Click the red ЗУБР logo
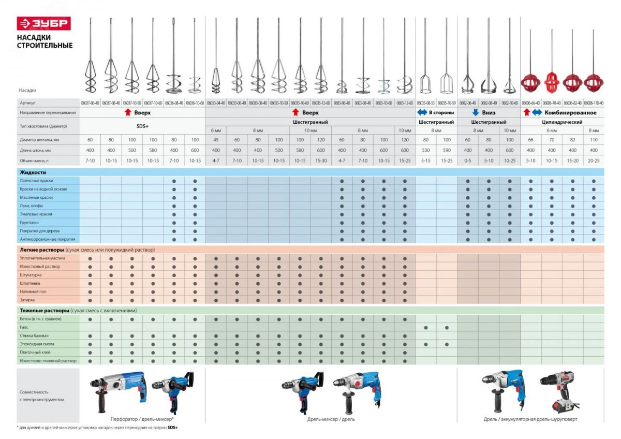click(x=44, y=24)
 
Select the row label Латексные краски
click(x=36, y=181)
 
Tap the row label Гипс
click(x=24, y=327)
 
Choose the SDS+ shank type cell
click(x=142, y=126)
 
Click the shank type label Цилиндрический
click(x=562, y=122)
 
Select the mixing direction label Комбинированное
click(x=570, y=112)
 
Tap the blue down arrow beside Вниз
click(x=475, y=112)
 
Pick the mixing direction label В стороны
click(x=441, y=112)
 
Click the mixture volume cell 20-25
click(x=594, y=160)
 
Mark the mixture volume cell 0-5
click(x=467, y=160)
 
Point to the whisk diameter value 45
click(x=216, y=140)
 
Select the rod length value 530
click(x=425, y=150)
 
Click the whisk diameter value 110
click(x=594, y=140)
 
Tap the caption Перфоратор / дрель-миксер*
click(x=145, y=419)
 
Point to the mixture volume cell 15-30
click(x=321, y=160)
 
